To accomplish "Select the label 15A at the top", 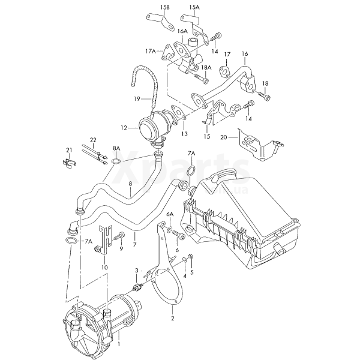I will pos(194,8).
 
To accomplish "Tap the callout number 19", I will pos(137,97).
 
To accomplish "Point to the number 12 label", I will pos(124,128).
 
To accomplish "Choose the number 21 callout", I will pos(69,149).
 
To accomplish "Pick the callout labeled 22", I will pos(93,140).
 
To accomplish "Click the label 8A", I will pos(116,148).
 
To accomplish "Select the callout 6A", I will pos(170,214).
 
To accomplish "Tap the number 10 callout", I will pos(105,267).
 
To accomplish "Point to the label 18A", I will pos(206,68).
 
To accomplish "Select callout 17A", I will pos(149,52).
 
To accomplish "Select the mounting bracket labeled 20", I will pos(258,144).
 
